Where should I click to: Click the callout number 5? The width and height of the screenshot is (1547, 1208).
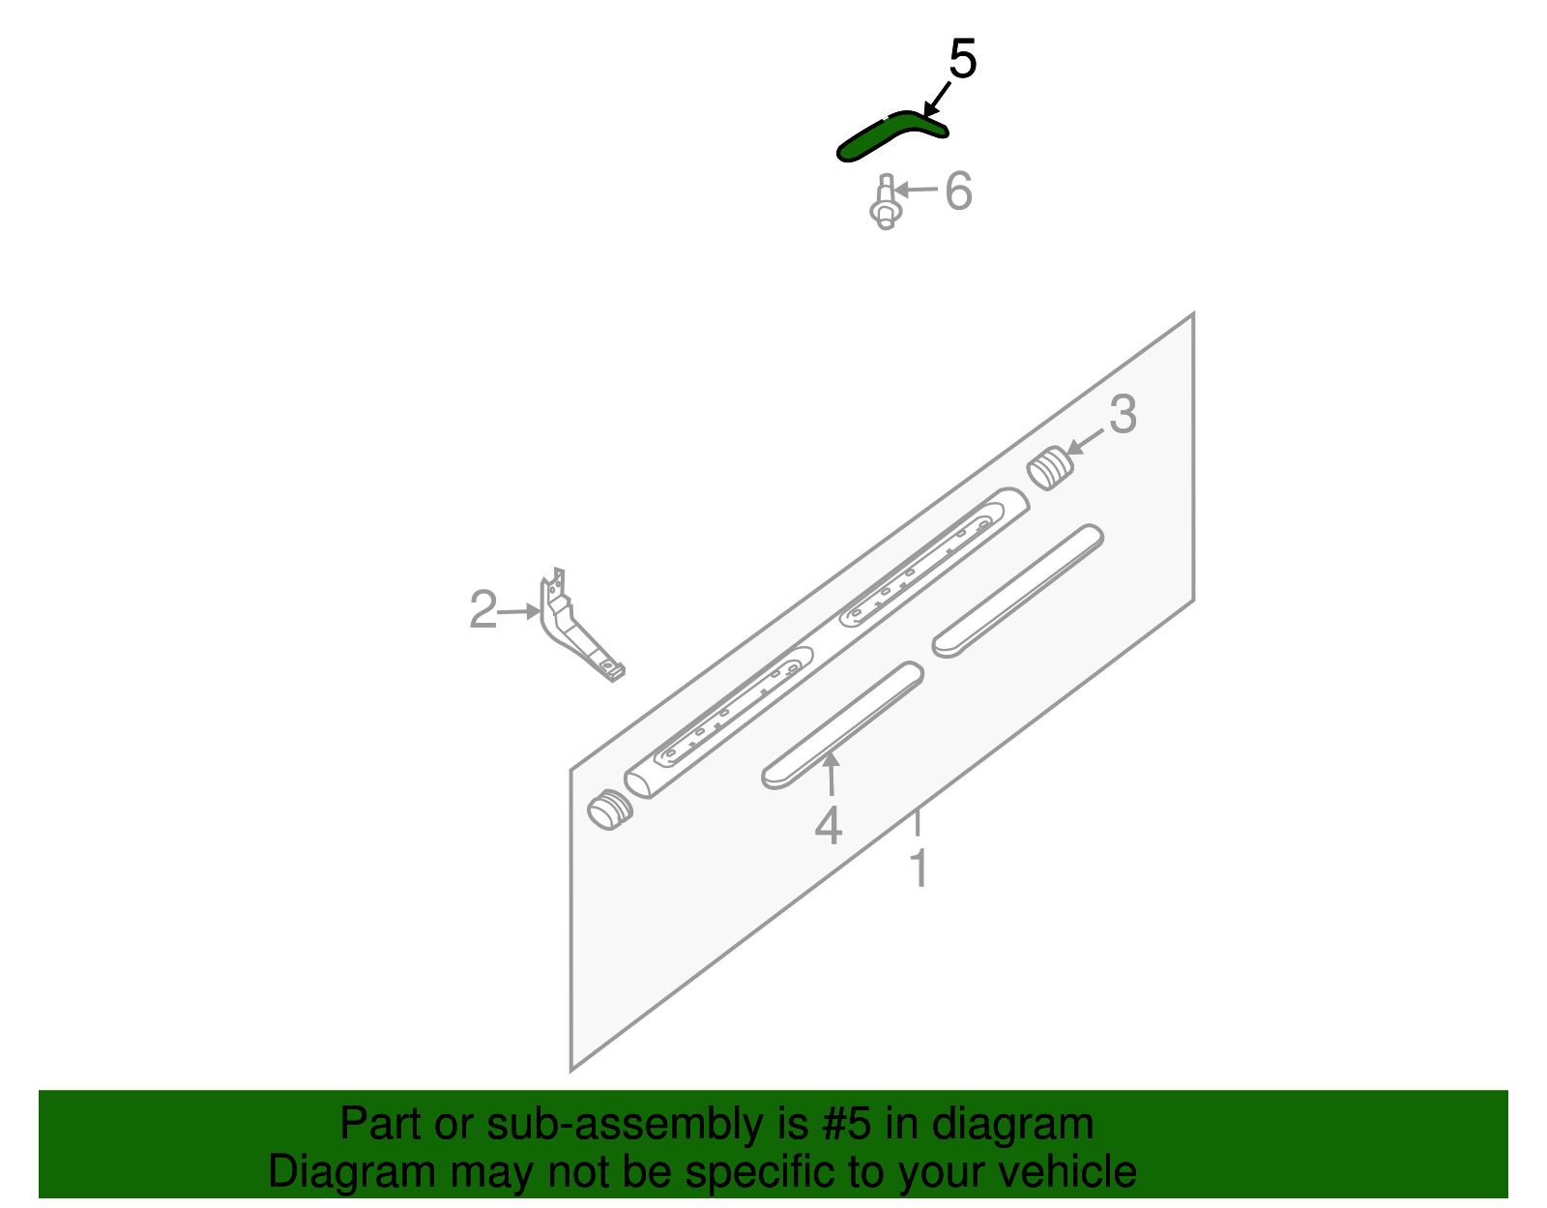click(x=962, y=60)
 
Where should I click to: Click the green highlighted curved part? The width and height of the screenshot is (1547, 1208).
click(x=890, y=133)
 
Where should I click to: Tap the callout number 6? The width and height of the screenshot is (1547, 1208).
click(x=957, y=192)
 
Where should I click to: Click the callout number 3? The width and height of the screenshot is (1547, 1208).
click(x=1122, y=415)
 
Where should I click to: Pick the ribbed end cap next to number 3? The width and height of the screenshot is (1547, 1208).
click(x=1050, y=469)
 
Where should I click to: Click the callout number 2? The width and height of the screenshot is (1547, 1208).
click(x=482, y=610)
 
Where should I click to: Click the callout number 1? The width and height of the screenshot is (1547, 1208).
click(x=919, y=869)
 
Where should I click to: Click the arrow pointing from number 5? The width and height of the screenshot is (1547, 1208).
click(x=936, y=100)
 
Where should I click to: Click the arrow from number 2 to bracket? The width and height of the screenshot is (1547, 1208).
click(x=520, y=611)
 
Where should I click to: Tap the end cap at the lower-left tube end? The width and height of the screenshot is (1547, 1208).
click(x=610, y=809)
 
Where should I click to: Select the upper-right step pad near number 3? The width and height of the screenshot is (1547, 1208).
click(x=1017, y=591)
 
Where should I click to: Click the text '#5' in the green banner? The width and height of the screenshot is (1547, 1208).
click(x=847, y=1125)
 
